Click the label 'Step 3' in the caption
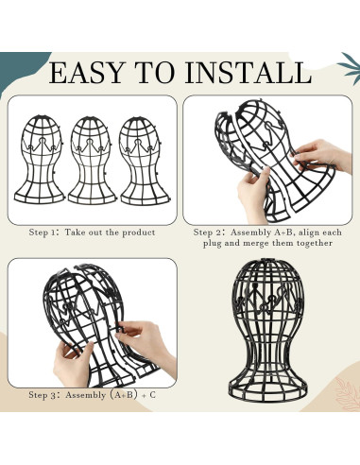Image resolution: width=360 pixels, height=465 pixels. tap(46, 394)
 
